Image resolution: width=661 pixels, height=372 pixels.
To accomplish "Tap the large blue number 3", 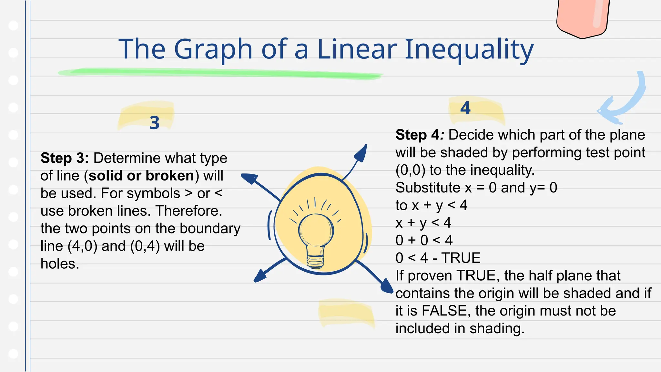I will (x=155, y=123).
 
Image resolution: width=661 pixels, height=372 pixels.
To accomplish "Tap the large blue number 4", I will (x=465, y=108).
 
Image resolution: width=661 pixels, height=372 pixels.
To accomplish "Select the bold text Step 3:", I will (x=65, y=158).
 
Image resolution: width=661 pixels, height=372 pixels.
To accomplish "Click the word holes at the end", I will (x=60, y=264).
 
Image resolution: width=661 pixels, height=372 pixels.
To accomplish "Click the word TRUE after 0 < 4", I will (x=461, y=258).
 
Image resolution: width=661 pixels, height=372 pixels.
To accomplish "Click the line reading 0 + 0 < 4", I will (x=424, y=240).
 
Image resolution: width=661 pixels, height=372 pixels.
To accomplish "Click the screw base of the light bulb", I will (x=315, y=261).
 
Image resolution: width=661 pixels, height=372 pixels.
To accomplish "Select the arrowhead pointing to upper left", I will (x=249, y=178).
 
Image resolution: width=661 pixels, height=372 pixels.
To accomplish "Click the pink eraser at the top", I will (x=583, y=18).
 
